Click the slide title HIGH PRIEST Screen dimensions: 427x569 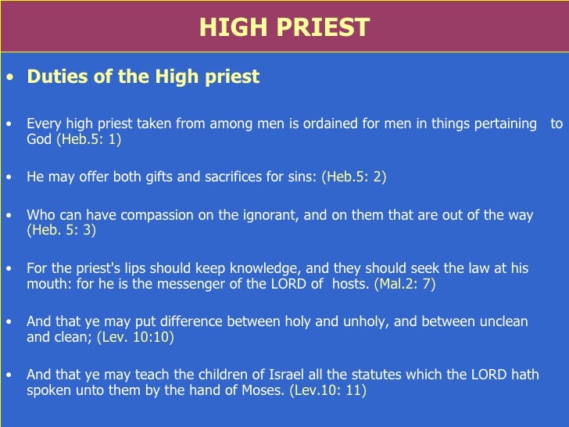point(284,27)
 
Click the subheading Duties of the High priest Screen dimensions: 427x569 point(143,77)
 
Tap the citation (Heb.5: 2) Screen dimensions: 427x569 point(354,177)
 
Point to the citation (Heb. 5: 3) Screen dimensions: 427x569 point(62,230)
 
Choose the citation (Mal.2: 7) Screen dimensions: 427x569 point(405,284)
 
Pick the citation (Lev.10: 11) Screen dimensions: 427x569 point(327,390)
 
